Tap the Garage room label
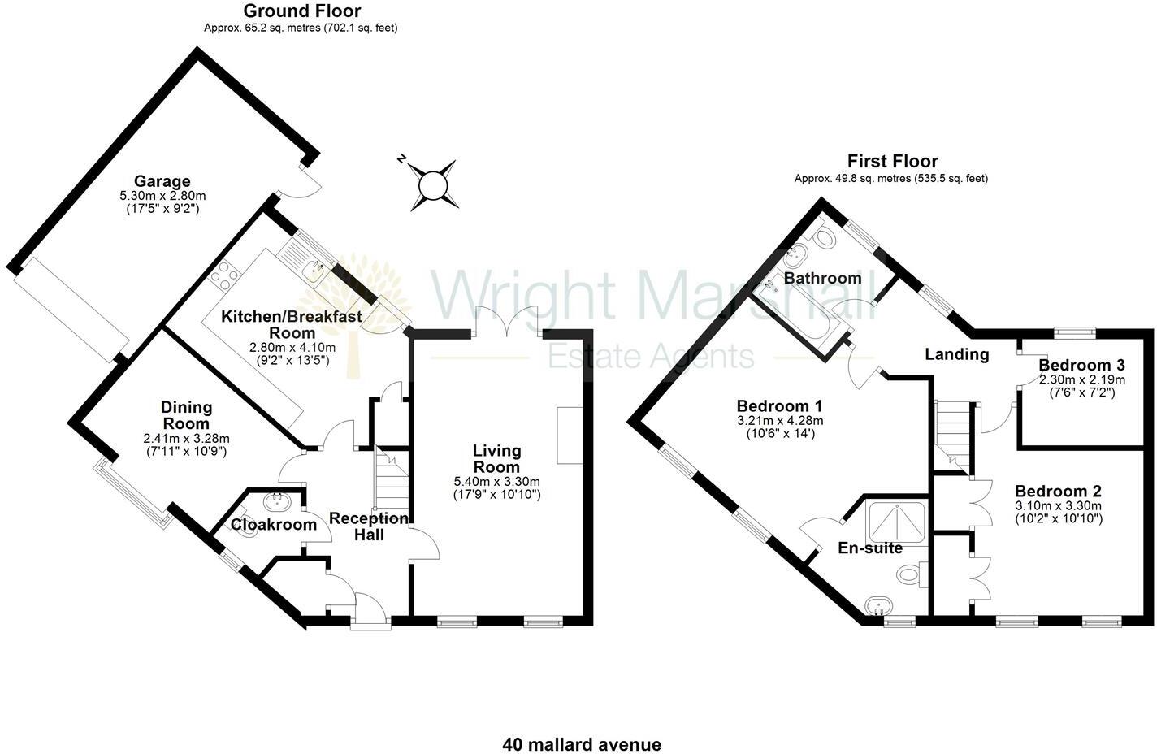[162, 181]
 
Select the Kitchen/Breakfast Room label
[292, 324]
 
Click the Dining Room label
[187, 415]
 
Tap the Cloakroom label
[274, 525]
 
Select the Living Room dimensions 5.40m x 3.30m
[496, 482]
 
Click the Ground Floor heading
[301, 11]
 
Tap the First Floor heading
[892, 161]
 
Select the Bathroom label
[822, 278]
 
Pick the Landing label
[957, 354]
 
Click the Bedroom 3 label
[1081, 365]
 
